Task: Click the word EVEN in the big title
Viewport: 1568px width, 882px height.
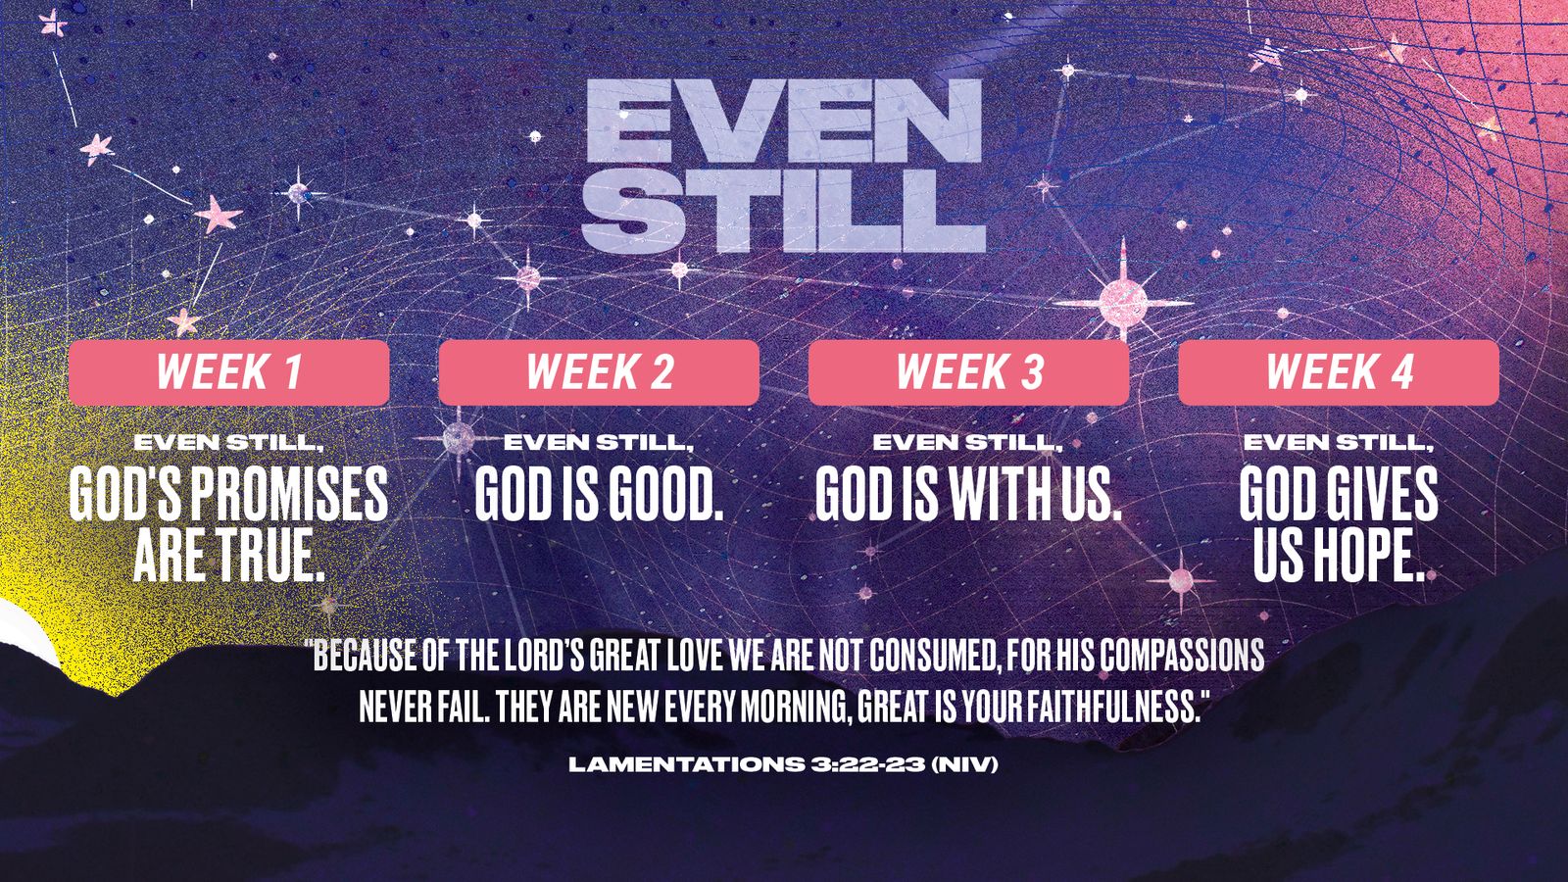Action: point(784,121)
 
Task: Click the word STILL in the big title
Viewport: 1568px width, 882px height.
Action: point(784,210)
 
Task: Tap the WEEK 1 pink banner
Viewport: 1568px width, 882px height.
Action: point(229,372)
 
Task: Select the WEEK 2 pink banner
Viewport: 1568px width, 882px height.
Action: point(599,372)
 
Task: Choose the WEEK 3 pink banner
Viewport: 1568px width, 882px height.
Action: point(969,372)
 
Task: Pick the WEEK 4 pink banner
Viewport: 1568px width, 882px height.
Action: point(1339,372)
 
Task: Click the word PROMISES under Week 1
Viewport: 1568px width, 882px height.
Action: point(289,494)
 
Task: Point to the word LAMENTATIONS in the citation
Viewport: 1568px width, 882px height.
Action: point(686,764)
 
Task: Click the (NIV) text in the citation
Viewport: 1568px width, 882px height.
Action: point(964,764)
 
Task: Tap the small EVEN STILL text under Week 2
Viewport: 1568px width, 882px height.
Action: point(599,442)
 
